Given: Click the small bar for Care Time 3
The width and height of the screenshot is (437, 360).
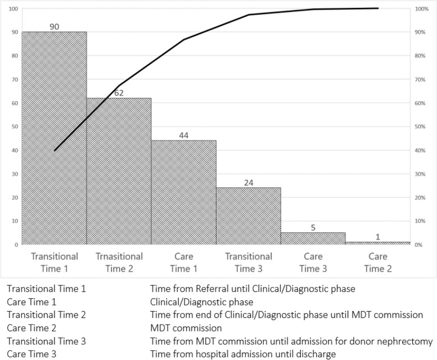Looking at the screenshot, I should (313, 238).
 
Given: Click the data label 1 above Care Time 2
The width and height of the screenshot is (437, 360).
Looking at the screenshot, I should (378, 237).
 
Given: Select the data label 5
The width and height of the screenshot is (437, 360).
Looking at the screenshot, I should (313, 227).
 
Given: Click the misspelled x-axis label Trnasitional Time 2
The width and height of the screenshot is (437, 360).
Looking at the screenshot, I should (119, 262).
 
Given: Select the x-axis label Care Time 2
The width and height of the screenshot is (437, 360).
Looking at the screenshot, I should (378, 262).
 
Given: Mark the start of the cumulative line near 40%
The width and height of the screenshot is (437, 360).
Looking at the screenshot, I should (55, 150).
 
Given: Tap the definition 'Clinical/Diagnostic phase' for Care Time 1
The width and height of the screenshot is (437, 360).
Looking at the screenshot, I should (201, 301).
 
